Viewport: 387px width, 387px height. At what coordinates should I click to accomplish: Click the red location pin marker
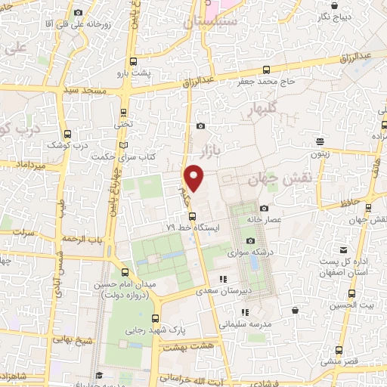click(x=195, y=178)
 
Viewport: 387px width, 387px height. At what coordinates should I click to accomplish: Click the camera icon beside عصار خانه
click(x=264, y=208)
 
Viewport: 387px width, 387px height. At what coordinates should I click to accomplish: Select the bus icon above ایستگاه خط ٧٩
click(x=192, y=215)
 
